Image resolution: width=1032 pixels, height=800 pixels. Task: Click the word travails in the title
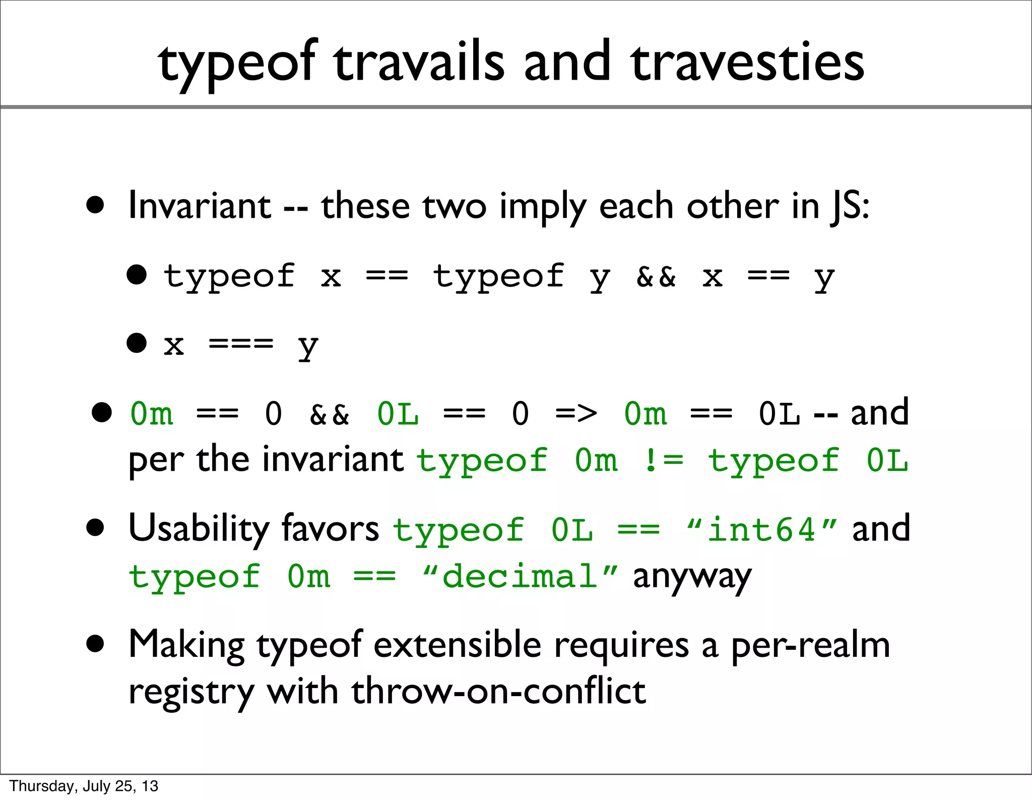419,63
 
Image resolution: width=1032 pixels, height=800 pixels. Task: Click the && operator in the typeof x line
656,276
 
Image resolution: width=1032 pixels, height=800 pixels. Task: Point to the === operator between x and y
241,345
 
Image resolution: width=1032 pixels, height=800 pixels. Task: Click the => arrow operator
576,414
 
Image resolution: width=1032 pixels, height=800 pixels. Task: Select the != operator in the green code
663,460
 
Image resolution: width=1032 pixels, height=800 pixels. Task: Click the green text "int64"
761,530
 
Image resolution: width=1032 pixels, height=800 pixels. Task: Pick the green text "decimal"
520,576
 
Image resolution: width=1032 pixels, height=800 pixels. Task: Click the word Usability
199,529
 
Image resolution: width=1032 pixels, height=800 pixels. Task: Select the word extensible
457,645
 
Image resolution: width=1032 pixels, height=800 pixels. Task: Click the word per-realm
810,645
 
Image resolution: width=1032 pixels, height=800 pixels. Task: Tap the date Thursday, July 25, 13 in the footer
84,786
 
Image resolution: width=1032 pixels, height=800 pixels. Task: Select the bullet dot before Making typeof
95,644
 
